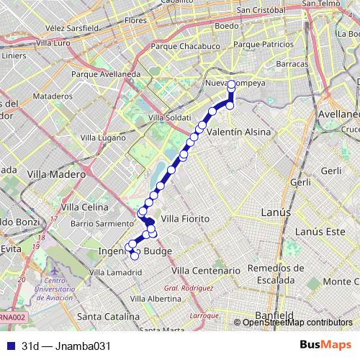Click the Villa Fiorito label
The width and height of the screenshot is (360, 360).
click(x=185, y=218)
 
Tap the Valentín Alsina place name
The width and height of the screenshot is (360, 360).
click(x=238, y=133)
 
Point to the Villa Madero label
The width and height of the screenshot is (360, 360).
click(x=55, y=174)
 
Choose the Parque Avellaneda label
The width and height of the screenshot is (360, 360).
click(x=106, y=73)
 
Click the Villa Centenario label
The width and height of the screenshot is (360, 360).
click(x=205, y=270)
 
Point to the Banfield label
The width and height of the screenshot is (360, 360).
click(x=275, y=315)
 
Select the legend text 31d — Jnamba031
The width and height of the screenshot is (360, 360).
click(x=66, y=346)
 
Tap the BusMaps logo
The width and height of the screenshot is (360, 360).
click(x=325, y=345)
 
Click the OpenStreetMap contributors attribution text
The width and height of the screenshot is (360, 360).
click(x=297, y=322)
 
